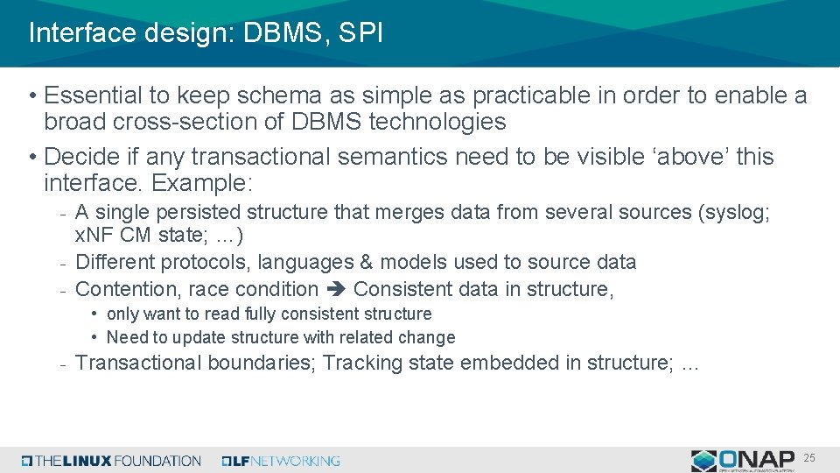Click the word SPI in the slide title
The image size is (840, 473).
[x=359, y=33]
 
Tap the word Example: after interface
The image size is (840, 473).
[x=202, y=183]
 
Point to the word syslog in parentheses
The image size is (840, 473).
[x=735, y=212]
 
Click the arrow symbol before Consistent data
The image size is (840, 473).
[x=336, y=289]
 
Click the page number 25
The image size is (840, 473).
[x=809, y=458]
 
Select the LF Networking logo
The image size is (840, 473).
[x=281, y=461]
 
